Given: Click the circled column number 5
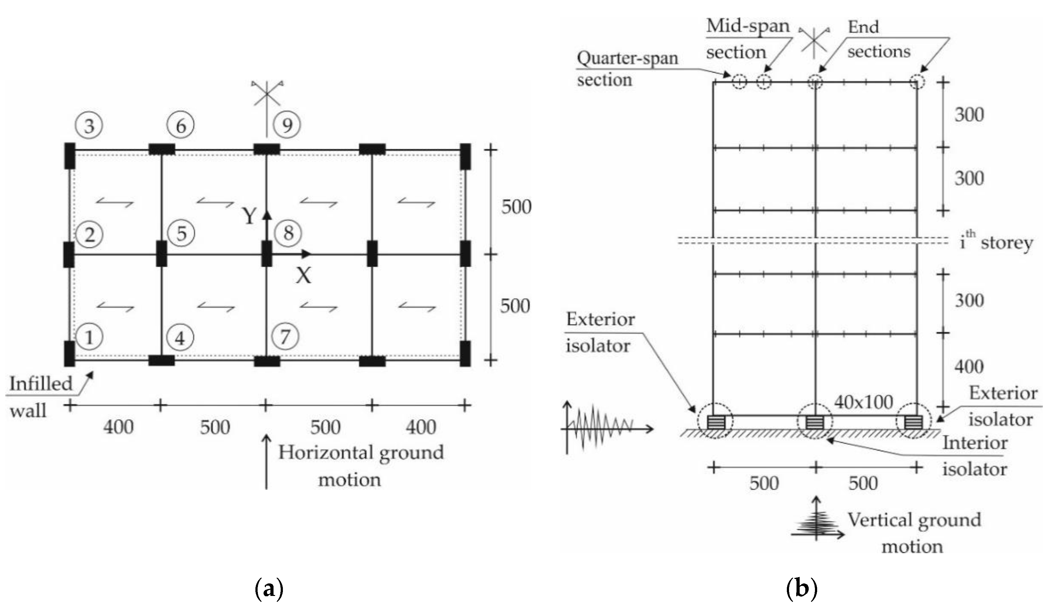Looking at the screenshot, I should point(181,233).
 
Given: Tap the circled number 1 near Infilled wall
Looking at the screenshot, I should point(89,337).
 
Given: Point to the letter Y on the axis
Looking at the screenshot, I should point(249,216).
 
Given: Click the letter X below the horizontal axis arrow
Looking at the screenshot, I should point(303,276).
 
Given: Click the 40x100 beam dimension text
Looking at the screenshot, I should point(863,402).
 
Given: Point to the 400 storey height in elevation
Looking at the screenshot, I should point(969,367).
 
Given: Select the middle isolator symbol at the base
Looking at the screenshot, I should point(815,422).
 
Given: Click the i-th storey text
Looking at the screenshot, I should point(996,242).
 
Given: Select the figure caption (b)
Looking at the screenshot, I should point(801,589).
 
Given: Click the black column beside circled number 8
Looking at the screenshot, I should point(267,253).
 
